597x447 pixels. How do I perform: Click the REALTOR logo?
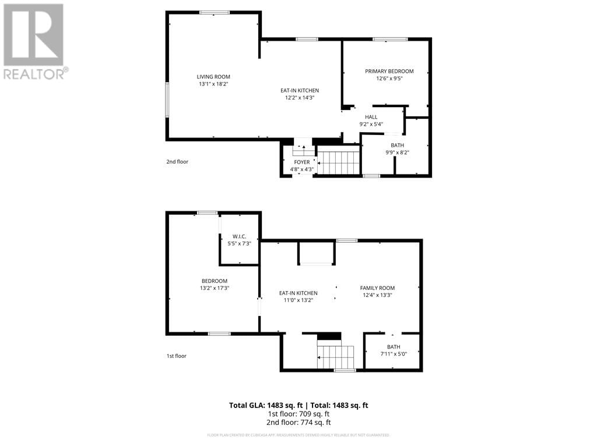pyautogui.click(x=34, y=41)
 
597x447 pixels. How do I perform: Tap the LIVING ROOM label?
pyautogui.click(x=213, y=77)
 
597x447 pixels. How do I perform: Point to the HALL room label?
pyautogui.click(x=371, y=117)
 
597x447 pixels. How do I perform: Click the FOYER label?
pyautogui.click(x=301, y=162)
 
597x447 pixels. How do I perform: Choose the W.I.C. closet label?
pyautogui.click(x=239, y=236)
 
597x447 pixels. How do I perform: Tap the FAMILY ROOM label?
pyautogui.click(x=377, y=288)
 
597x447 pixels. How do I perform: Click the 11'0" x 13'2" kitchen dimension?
pyautogui.click(x=298, y=300)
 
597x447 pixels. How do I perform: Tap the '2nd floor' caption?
pyautogui.click(x=177, y=162)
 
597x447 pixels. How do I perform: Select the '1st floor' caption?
pyautogui.click(x=177, y=356)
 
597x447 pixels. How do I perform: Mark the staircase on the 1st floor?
pyautogui.click(x=336, y=356)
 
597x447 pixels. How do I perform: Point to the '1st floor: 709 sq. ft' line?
pyautogui.click(x=298, y=414)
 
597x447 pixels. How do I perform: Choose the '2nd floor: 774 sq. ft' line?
pyautogui.click(x=298, y=423)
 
